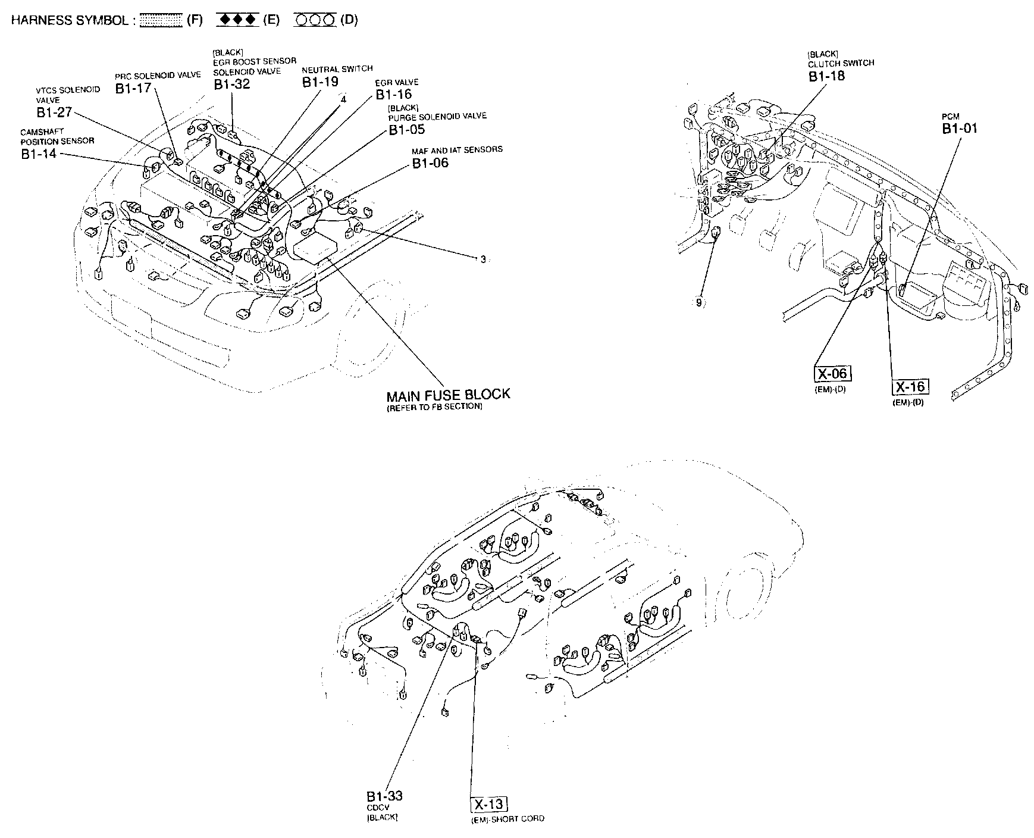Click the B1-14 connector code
[x=39, y=154]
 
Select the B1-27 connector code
[x=54, y=112]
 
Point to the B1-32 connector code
[x=232, y=84]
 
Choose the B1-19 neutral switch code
[x=320, y=82]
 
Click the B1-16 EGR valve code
[x=393, y=94]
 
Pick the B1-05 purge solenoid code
[x=407, y=129]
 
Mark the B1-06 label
[x=431, y=162]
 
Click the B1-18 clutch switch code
[x=826, y=76]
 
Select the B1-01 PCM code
[x=960, y=128]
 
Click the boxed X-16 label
[x=911, y=387]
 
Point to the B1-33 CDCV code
[x=384, y=796]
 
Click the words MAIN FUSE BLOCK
[x=448, y=394]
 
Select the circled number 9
[x=698, y=302]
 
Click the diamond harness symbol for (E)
[x=237, y=20]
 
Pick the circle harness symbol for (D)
[x=315, y=20]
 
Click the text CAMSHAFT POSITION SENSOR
[x=57, y=136]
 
